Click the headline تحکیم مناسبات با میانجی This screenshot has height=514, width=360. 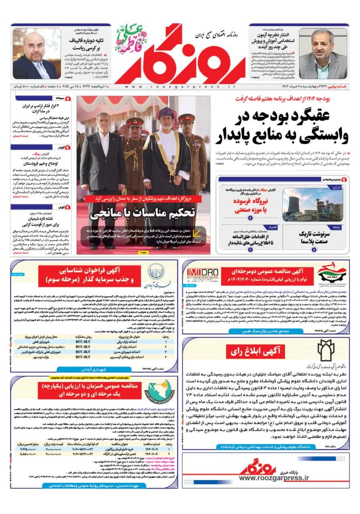[x=144, y=213]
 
